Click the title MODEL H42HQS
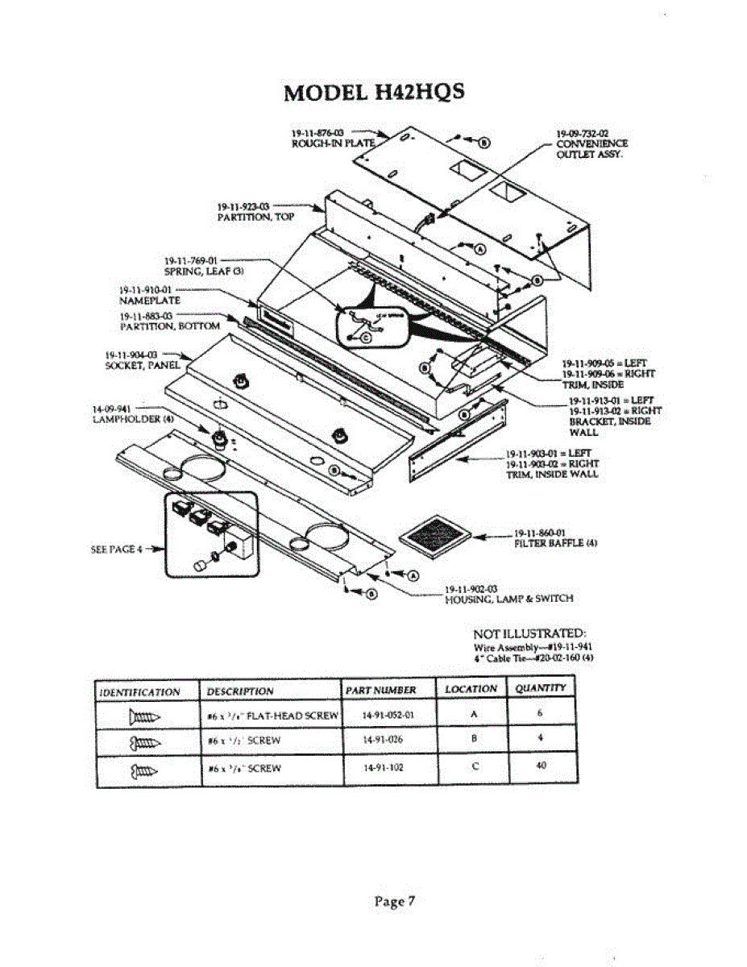[374, 93]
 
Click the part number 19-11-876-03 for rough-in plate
[317, 133]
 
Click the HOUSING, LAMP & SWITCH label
[508, 599]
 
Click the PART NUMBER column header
[380, 690]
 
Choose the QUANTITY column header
[541, 688]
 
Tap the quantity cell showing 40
[541, 766]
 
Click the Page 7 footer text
[394, 901]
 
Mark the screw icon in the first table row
[144, 715]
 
